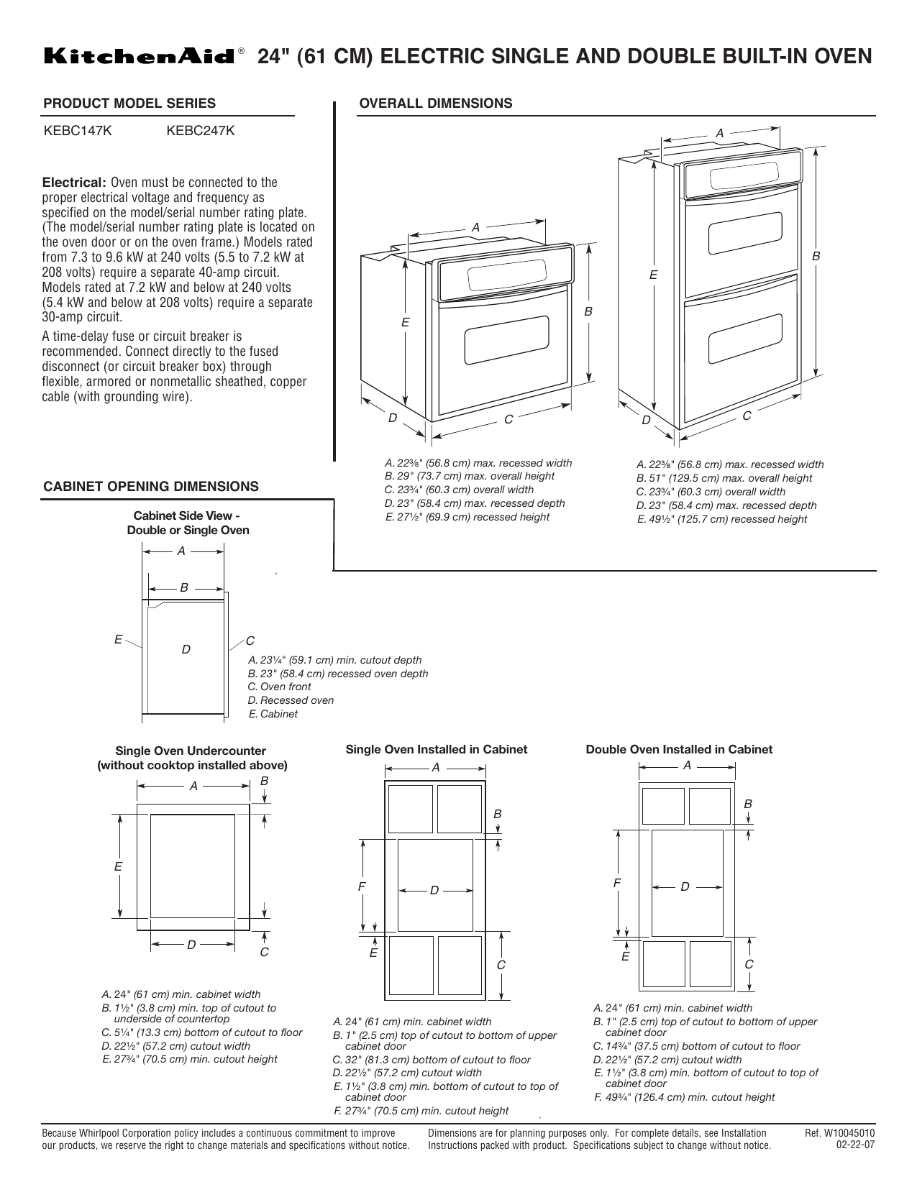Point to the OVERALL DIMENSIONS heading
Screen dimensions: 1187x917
coord(435,104)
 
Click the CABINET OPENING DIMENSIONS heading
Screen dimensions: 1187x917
coord(151,487)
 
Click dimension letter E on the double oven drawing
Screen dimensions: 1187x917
coord(653,275)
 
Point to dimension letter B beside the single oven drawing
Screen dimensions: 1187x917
coord(588,311)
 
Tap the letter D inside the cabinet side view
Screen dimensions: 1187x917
coord(186,649)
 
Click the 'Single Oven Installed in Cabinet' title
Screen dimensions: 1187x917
coord(437,749)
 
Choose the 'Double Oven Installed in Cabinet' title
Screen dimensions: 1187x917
coord(679,749)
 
